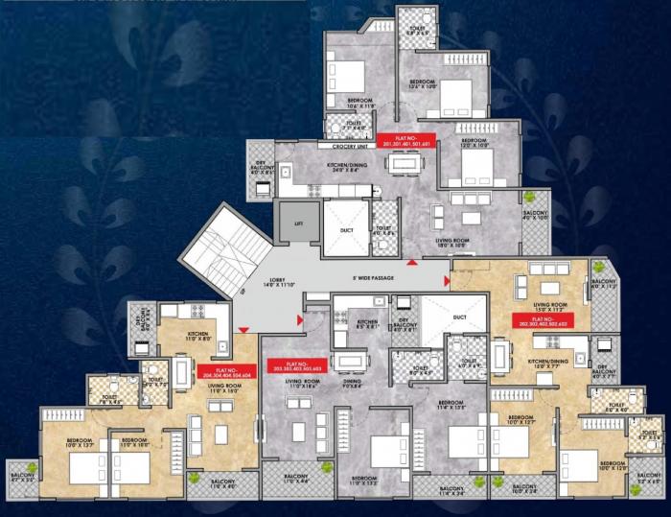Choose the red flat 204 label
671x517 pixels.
tap(226, 372)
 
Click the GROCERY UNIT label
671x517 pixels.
tap(351, 147)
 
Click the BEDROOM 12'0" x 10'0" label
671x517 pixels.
tap(474, 144)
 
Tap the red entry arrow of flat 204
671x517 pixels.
tap(243, 331)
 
